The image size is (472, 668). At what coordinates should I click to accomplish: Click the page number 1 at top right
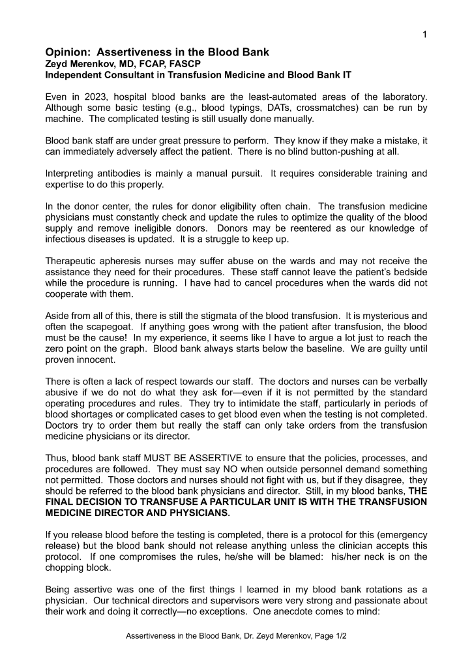point(424,35)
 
